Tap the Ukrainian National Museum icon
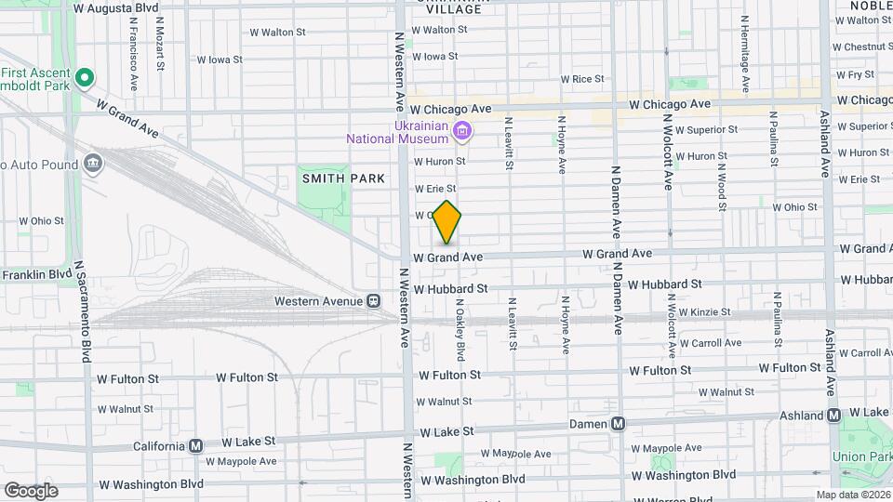460,132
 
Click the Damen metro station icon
618,424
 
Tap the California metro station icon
195,445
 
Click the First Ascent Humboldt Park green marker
85,77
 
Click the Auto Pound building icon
92,165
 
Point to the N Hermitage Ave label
745,53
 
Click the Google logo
31,490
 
